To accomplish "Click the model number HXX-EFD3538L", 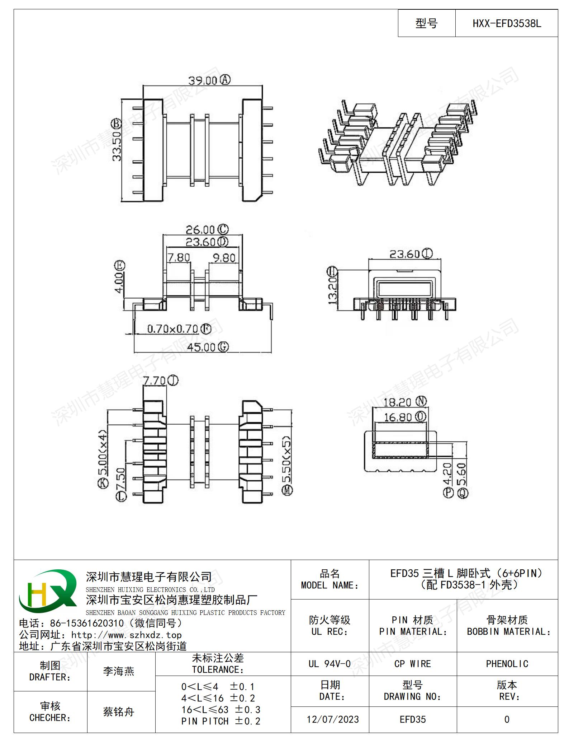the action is (x=507, y=24).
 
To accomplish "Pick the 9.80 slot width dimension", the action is (x=224, y=257).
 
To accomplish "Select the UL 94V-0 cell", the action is (x=329, y=664).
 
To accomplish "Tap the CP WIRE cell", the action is (x=413, y=664).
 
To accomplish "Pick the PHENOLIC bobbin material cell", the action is (x=507, y=664).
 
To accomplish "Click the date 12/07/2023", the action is (x=333, y=719).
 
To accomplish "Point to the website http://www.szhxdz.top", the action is (x=127, y=635).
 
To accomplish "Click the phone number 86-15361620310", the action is (x=87, y=624).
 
